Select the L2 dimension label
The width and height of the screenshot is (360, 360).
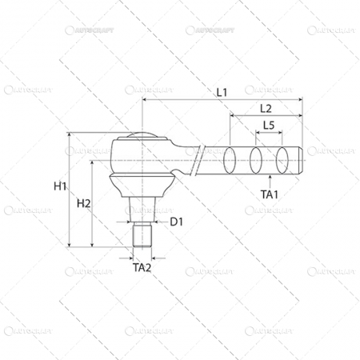(266, 108)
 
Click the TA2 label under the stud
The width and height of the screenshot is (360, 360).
(142, 268)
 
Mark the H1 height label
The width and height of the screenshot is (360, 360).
(61, 186)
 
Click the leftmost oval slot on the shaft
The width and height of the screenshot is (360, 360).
(231, 160)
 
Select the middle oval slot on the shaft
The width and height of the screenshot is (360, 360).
(257, 160)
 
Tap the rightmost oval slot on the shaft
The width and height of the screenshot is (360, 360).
(282, 160)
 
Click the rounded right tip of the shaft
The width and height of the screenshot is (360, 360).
(302, 159)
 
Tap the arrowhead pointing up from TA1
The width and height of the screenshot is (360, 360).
(269, 178)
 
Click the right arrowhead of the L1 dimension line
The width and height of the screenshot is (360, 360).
(302, 100)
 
